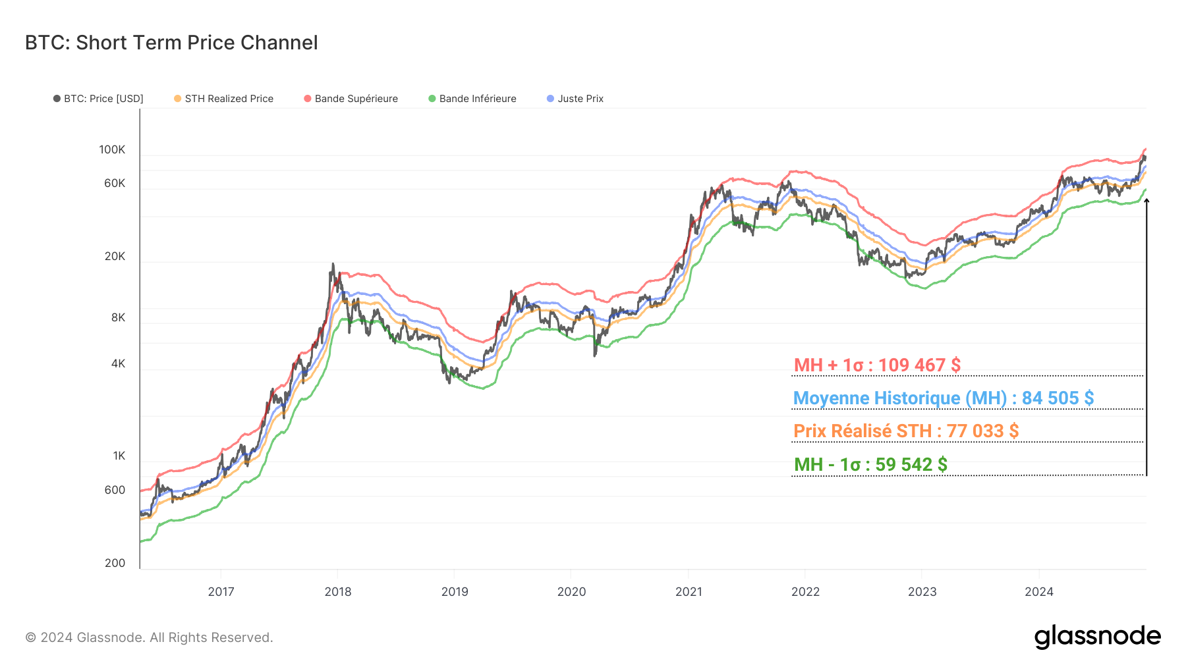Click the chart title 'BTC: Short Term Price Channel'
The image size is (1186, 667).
171,43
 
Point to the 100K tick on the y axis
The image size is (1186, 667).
112,149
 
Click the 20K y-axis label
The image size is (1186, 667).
115,256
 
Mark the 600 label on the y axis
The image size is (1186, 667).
115,490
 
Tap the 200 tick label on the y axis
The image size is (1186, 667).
115,563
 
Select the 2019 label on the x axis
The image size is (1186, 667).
455,591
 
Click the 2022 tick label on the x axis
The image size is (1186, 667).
805,591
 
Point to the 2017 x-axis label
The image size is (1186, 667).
221,591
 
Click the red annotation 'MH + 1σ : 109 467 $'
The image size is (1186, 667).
877,365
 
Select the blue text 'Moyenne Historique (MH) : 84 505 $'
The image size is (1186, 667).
943,398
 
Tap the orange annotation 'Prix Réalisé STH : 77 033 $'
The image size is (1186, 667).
906,431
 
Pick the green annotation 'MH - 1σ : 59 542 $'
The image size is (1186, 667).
870,464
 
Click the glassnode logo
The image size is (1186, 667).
1097,636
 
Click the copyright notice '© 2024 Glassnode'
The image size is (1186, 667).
149,637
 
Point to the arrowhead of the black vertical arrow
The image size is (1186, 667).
1146,201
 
